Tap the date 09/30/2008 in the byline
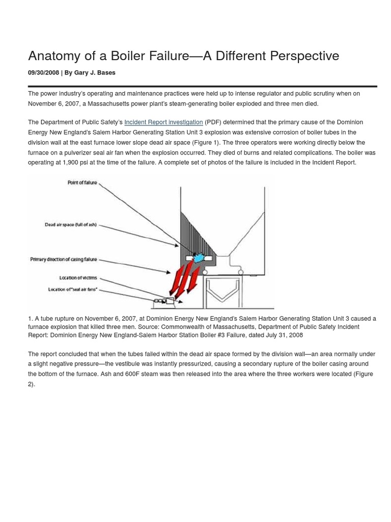[x=43, y=73]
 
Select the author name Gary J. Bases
[x=95, y=73]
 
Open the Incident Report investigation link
[x=163, y=122]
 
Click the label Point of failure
[x=82, y=182]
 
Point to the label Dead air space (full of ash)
[x=70, y=225]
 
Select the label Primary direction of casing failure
[x=63, y=259]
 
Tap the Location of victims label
[x=78, y=278]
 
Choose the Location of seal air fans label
[x=72, y=290]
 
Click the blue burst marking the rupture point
[x=199, y=258]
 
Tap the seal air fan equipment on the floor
[x=164, y=301]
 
